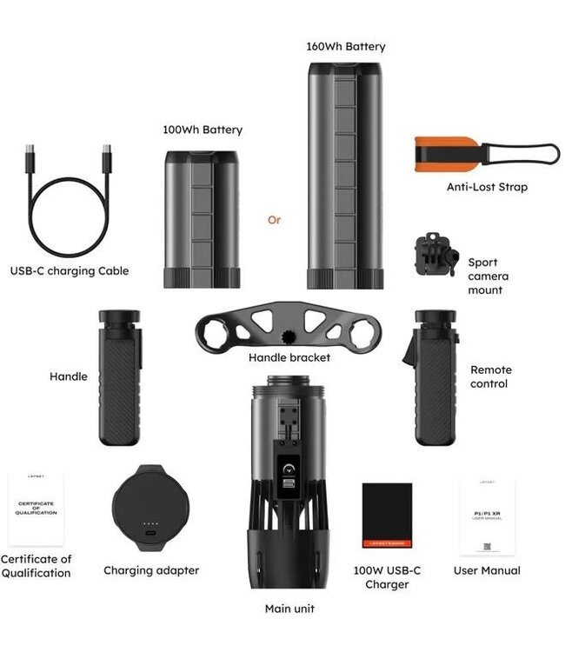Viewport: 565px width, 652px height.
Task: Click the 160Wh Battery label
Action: (x=345, y=46)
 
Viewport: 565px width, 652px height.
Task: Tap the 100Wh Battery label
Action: (x=203, y=130)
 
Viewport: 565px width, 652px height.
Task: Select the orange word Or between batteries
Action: (x=274, y=220)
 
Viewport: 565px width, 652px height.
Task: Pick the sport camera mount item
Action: (x=435, y=256)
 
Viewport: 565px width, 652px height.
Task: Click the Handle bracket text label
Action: (x=289, y=357)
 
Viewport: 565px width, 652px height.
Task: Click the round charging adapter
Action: (x=150, y=510)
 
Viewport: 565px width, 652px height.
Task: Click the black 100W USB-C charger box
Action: (x=387, y=516)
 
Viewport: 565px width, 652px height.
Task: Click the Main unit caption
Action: (x=289, y=609)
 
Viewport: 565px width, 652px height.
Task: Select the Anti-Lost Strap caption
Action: (x=487, y=186)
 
